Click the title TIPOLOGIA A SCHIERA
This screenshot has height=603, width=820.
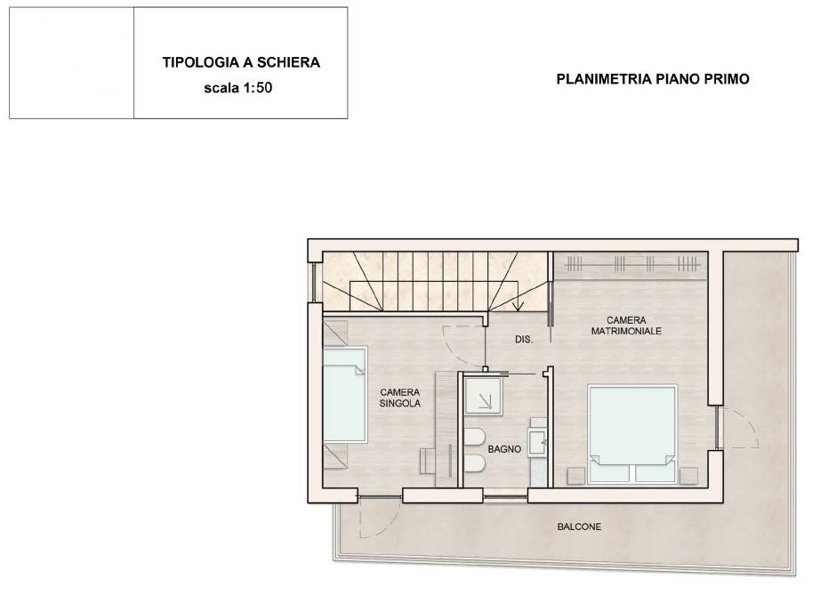[x=241, y=62]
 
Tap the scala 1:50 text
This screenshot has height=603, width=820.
[x=238, y=87]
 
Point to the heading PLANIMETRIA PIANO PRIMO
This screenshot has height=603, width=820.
[x=653, y=79]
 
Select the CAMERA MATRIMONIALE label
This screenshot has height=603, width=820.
[x=626, y=326]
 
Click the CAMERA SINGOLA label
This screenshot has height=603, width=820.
[x=399, y=398]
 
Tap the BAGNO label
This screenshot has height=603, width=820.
[x=504, y=449]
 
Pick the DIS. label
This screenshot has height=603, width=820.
[x=524, y=340]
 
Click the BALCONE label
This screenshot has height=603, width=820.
[x=579, y=527]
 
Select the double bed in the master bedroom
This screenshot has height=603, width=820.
[x=632, y=433]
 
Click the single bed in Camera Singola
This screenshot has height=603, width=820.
[x=344, y=396]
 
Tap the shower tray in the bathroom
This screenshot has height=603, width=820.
[x=483, y=396]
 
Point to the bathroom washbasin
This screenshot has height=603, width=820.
[x=537, y=442]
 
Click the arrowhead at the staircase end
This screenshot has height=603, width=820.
[x=519, y=307]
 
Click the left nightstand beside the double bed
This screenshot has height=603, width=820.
[x=575, y=476]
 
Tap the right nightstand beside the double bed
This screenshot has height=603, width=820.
[x=688, y=476]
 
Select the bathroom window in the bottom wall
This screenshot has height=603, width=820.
[x=505, y=495]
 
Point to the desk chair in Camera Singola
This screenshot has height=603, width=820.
[x=427, y=462]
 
